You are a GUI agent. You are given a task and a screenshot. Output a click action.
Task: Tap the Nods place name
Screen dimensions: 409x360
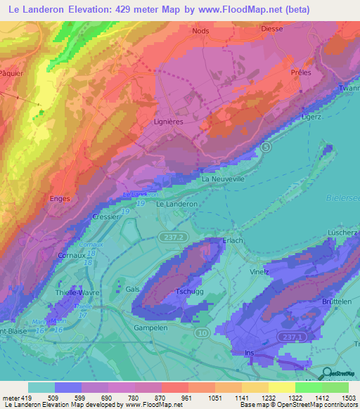pyautogui.click(x=201, y=31)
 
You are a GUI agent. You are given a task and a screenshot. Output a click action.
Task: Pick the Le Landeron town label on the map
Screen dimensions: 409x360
pyautogui.click(x=176, y=204)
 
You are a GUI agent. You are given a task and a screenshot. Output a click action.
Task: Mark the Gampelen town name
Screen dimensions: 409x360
pyautogui.click(x=150, y=327)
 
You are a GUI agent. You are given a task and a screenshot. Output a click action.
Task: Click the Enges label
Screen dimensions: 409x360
pyautogui.click(x=60, y=199)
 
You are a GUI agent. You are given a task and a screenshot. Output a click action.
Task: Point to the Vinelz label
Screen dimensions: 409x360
pyautogui.click(x=260, y=271)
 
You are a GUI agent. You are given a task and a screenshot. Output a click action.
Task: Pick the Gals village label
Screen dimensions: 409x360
pyautogui.click(x=132, y=290)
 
